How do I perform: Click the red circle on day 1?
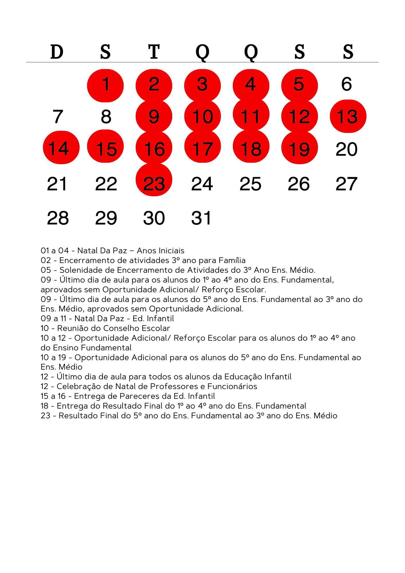point(105,85)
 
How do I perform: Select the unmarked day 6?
point(347,84)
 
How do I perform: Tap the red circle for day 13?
point(348,116)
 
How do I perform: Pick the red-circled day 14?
point(61,148)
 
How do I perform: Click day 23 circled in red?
point(154,180)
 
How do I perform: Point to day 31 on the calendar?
point(201,218)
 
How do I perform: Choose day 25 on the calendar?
point(250,184)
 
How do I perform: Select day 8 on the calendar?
point(106,117)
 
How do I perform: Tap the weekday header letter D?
point(57,52)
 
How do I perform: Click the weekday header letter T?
point(154,52)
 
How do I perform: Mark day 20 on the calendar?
point(347,149)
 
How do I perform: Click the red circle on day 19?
point(299,148)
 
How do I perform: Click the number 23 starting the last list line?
point(45,416)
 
